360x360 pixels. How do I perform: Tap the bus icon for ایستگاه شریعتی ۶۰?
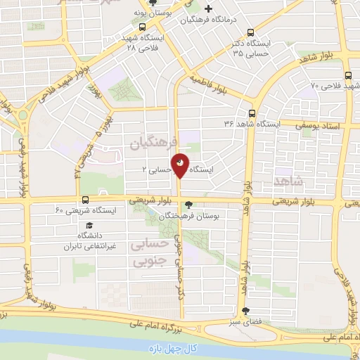(x=85, y=200)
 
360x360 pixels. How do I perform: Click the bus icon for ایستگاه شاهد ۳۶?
(x=252, y=112)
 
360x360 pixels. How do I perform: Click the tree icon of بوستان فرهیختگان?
(x=186, y=205)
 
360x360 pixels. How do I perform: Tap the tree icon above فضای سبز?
(x=245, y=311)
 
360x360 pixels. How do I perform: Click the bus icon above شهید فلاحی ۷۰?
(x=349, y=76)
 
